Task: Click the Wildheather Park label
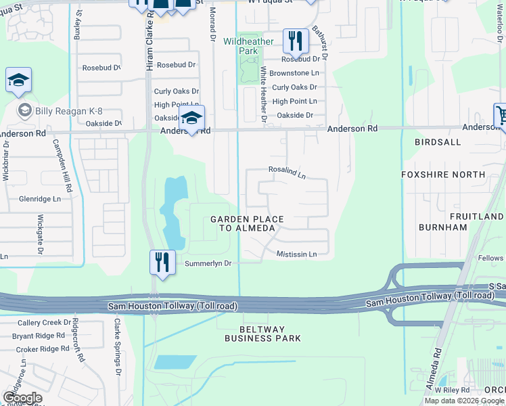(248, 46)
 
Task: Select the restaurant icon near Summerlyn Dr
(162, 261)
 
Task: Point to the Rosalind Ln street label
(287, 174)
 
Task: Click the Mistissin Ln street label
(296, 254)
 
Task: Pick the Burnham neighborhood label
(443, 227)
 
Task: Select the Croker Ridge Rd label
(41, 349)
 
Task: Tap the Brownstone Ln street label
(294, 73)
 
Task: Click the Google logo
(22, 398)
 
